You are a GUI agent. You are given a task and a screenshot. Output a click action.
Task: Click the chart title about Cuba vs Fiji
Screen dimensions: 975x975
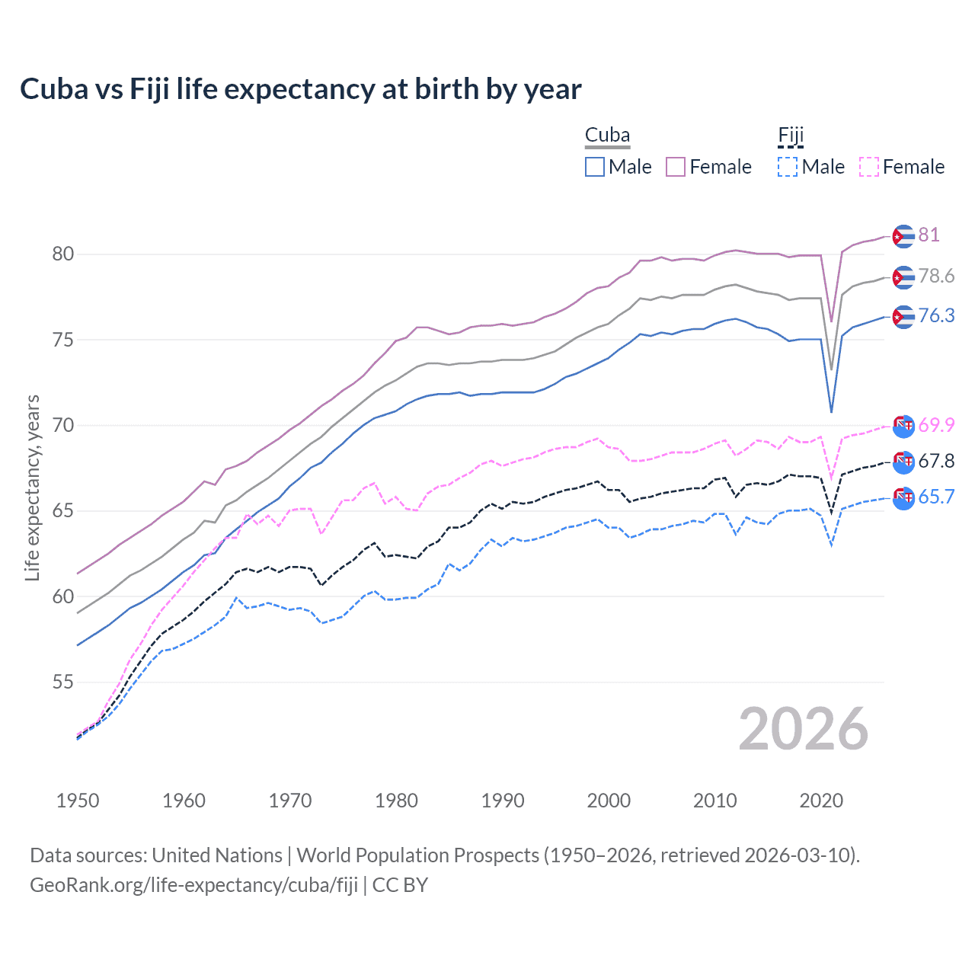click(300, 89)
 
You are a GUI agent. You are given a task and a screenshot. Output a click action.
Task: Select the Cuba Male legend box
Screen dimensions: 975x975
click(595, 167)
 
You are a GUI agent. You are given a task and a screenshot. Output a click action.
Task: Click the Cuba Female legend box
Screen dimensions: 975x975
click(676, 167)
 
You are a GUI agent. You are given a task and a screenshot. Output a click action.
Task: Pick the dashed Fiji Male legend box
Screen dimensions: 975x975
click(788, 167)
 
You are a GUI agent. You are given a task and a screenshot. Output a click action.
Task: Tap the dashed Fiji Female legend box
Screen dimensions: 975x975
click(869, 167)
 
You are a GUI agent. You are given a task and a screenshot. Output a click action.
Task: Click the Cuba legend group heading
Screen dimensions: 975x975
click(607, 136)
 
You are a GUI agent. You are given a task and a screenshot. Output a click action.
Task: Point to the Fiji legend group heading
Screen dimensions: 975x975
click(791, 136)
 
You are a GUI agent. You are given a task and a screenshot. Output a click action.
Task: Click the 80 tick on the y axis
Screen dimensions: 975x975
click(63, 254)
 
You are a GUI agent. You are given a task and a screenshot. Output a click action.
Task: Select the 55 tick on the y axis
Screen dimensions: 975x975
click(63, 682)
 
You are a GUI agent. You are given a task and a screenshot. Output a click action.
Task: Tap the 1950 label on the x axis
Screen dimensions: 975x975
click(78, 801)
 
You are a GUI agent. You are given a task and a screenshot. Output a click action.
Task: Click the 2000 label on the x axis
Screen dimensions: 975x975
click(609, 801)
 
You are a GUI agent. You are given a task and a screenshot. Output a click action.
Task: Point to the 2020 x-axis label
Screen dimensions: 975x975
click(821, 801)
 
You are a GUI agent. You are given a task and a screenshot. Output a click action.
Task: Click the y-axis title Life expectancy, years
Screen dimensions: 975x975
click(32, 487)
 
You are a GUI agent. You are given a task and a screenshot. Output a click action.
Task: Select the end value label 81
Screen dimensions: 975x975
click(929, 235)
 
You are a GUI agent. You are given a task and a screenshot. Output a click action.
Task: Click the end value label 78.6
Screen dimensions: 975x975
click(936, 276)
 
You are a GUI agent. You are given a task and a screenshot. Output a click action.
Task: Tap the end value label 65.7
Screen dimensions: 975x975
click(936, 497)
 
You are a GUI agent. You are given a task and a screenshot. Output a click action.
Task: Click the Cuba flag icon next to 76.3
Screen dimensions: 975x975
click(903, 317)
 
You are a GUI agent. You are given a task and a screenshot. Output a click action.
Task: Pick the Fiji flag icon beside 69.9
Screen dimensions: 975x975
click(903, 426)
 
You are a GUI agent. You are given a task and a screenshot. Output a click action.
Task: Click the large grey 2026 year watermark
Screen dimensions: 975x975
click(803, 729)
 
